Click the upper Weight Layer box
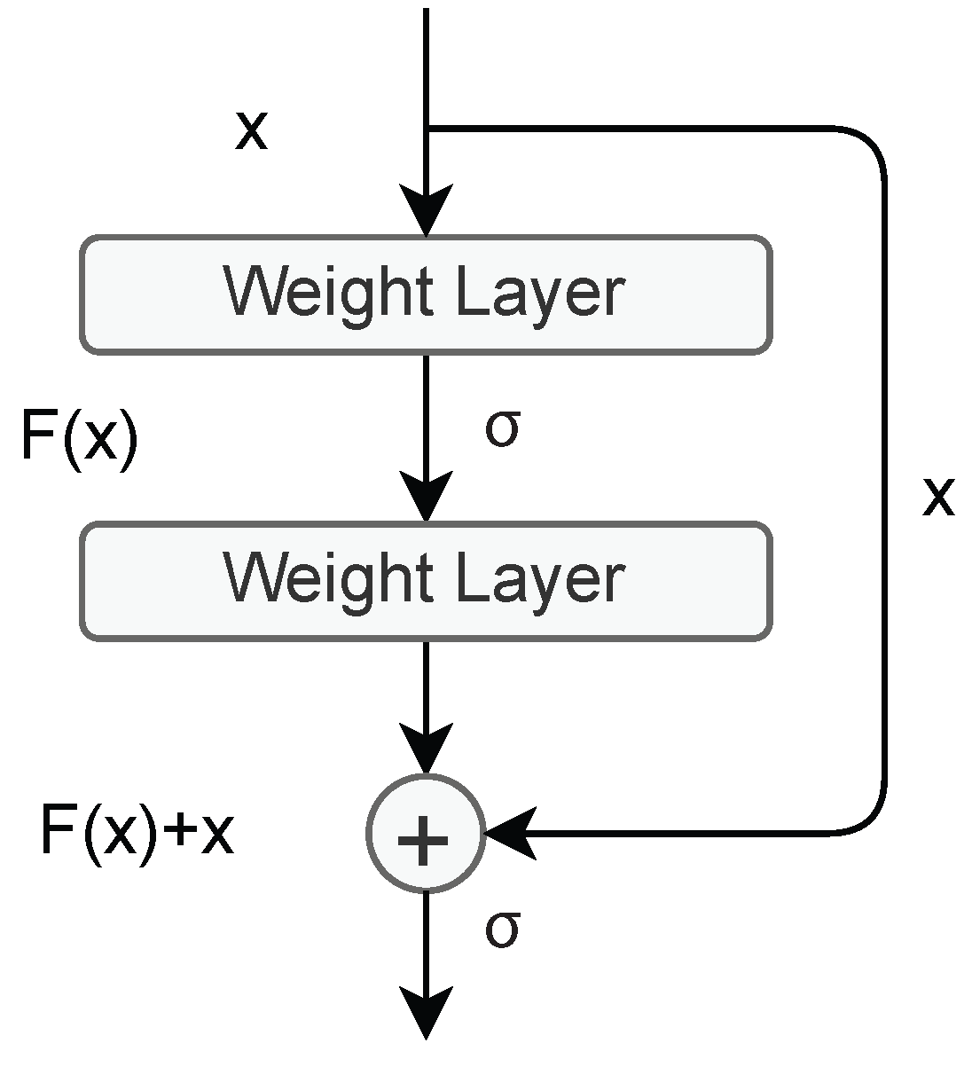click(426, 294)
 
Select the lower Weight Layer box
click(426, 581)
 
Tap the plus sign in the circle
click(425, 835)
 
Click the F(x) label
click(80, 437)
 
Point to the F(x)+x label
click(137, 832)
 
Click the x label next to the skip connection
click(937, 496)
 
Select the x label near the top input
click(251, 131)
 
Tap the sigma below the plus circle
click(501, 930)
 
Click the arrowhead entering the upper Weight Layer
click(427, 210)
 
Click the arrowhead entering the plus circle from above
click(427, 749)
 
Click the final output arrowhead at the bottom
click(427, 1012)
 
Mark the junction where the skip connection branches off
click(427, 129)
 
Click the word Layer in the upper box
click(540, 294)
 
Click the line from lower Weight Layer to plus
click(427, 683)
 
